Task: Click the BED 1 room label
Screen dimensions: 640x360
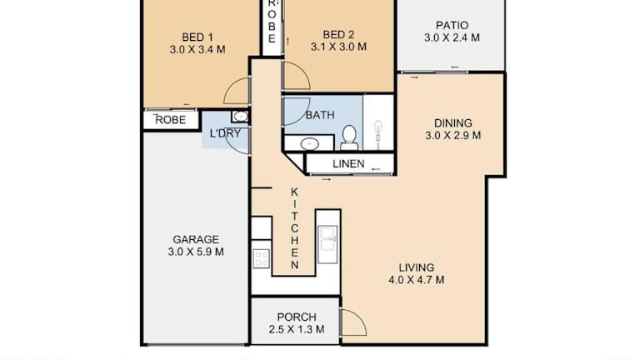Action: [197, 37]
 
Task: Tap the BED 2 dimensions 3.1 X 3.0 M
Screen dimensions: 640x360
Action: [338, 47]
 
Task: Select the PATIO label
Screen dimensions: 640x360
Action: [452, 26]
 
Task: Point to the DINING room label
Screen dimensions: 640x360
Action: [453, 122]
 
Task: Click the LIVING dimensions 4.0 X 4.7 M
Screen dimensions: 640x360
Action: [417, 280]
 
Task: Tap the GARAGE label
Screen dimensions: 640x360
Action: [196, 239]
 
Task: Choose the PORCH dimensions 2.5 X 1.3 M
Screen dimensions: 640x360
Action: [297, 329]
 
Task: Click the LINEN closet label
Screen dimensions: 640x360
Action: [348, 164]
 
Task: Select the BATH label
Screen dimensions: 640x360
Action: [320, 115]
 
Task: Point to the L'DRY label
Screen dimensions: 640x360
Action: [225, 133]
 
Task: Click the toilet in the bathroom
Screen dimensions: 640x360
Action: [349, 138]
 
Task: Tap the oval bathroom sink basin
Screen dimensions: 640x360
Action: [310, 144]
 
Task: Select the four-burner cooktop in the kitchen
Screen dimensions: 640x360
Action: [261, 258]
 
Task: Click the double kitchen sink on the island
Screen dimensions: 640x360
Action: [327, 244]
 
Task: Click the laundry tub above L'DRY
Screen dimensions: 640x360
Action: [240, 117]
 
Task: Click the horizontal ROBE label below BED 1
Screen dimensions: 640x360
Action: [171, 120]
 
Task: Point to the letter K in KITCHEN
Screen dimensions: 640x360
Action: [294, 192]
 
